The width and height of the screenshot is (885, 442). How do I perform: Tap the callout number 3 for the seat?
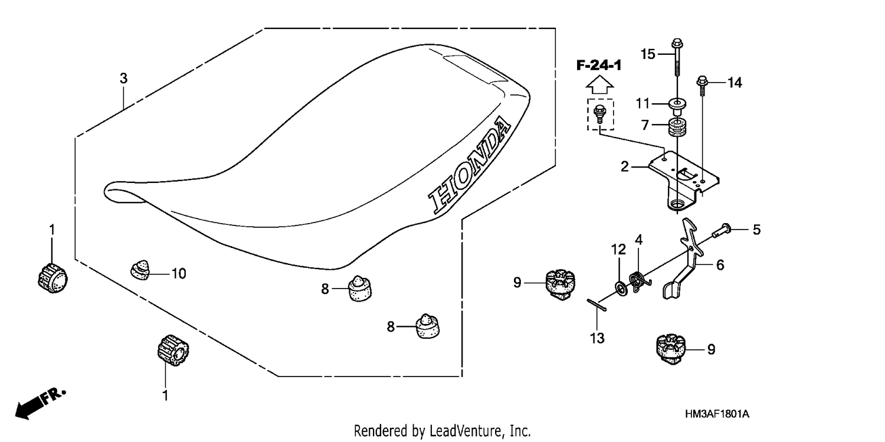pyautogui.click(x=124, y=78)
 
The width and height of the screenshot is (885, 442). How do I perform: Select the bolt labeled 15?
pyautogui.click(x=677, y=58)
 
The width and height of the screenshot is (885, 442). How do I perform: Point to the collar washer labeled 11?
pyautogui.click(x=677, y=106)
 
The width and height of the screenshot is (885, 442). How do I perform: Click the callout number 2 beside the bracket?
pyautogui.click(x=624, y=166)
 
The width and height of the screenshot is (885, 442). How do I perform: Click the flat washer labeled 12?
pyautogui.click(x=621, y=289)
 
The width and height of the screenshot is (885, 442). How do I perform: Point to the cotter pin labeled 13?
pyautogui.click(x=596, y=305)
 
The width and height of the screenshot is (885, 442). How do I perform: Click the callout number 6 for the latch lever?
pyautogui.click(x=720, y=265)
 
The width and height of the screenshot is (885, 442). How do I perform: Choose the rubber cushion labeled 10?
pyautogui.click(x=140, y=271)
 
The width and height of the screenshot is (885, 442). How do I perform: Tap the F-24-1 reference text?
pyautogui.click(x=599, y=65)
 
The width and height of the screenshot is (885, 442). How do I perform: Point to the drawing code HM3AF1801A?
pyautogui.click(x=717, y=414)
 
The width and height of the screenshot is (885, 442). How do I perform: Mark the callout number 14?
pyautogui.click(x=735, y=83)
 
